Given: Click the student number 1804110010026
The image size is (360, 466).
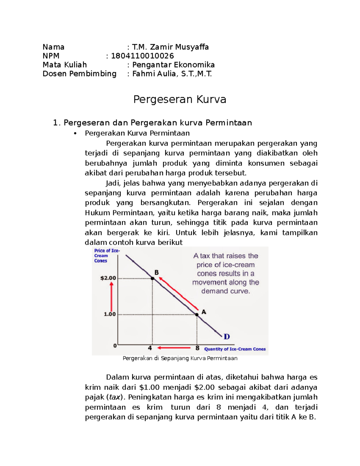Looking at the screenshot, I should pyautogui.click(x=142, y=56).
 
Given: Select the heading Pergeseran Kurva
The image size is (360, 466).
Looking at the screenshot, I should pyautogui.click(x=179, y=99).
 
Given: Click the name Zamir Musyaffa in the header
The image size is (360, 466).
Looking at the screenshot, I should pyautogui.click(x=179, y=47).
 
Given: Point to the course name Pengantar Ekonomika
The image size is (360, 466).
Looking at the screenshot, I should pyautogui.click(x=173, y=65).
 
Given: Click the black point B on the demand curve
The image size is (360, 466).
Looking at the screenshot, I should pyautogui.click(x=152, y=278).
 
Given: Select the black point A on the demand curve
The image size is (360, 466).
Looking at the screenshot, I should pyautogui.click(x=197, y=314).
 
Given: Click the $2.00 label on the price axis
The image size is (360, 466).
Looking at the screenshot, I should pyautogui.click(x=108, y=278).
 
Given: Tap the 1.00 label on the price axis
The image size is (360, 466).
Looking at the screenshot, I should pyautogui.click(x=109, y=314).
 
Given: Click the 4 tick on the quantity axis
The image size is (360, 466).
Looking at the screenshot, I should pyautogui.click(x=150, y=348).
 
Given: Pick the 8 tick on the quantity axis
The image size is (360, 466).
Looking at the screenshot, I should pyautogui.click(x=197, y=348).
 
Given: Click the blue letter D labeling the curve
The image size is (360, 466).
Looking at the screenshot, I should pyautogui.click(x=227, y=337).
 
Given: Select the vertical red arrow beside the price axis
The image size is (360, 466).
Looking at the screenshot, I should pyautogui.click(x=112, y=297).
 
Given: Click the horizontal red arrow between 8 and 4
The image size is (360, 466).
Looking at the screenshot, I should pyautogui.click(x=174, y=348).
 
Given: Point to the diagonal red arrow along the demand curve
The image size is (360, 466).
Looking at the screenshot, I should pyautogui.click(x=179, y=293).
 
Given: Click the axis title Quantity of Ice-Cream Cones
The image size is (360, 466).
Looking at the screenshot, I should pyautogui.click(x=235, y=349).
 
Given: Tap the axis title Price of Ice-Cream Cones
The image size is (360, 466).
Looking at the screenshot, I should pyautogui.click(x=106, y=256).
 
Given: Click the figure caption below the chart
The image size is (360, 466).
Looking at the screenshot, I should pyautogui.click(x=180, y=358).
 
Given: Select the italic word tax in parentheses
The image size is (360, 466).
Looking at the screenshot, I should pyautogui.click(x=115, y=397).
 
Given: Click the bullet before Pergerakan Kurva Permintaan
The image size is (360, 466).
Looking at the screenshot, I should pyautogui.click(x=75, y=134).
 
